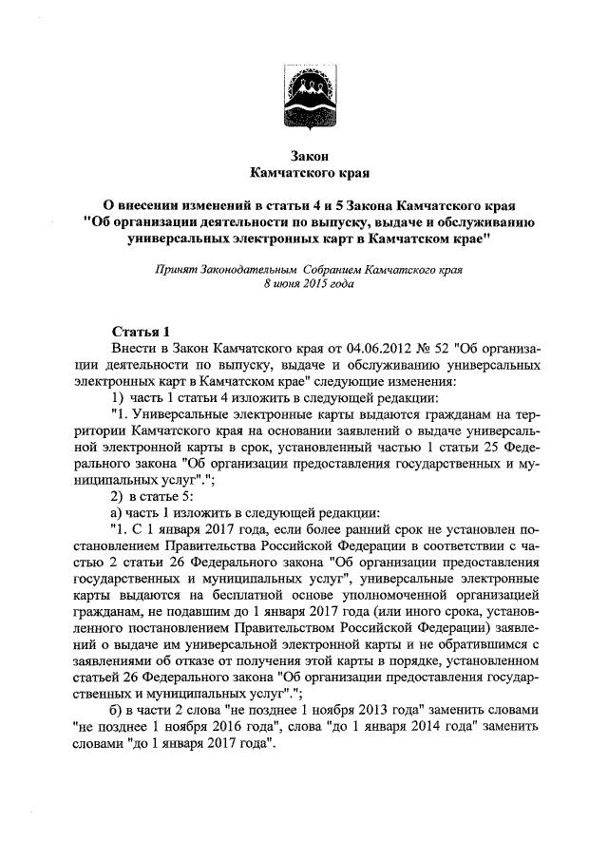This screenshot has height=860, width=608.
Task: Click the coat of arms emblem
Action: click(x=303, y=95)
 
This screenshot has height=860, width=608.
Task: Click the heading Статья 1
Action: click(x=141, y=332)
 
